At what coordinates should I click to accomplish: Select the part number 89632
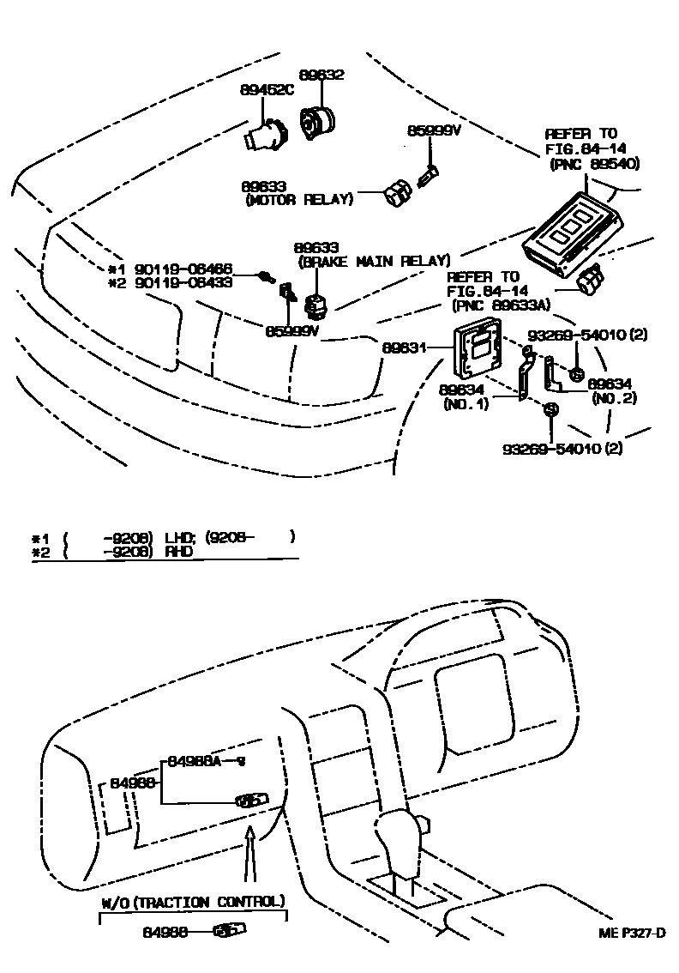321,75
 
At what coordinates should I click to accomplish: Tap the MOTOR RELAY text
298,200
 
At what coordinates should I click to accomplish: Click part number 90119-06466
182,269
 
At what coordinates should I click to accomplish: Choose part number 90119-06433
182,282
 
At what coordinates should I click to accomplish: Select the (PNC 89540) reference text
592,163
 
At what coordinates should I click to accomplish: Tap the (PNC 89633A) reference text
497,305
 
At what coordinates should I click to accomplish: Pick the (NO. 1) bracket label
466,403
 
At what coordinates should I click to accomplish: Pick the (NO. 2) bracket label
613,398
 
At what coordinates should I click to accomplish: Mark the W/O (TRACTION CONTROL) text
192,901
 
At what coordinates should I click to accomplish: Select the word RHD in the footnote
179,551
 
